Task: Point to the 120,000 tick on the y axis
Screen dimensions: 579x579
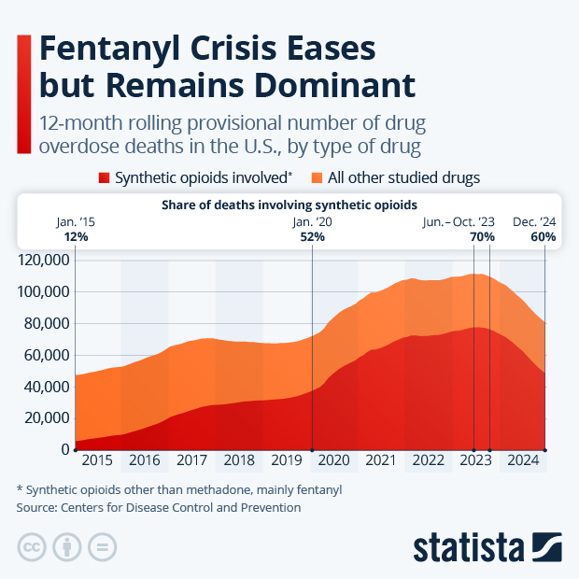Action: (44, 260)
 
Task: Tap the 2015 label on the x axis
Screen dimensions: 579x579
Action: (97, 460)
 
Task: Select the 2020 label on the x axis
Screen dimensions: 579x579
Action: (333, 460)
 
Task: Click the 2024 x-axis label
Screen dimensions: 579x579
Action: (522, 460)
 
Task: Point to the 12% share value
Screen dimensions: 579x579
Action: (76, 237)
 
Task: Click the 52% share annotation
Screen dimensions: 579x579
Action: (312, 237)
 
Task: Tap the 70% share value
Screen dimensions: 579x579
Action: (482, 237)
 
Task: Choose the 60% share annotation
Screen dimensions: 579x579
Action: (544, 237)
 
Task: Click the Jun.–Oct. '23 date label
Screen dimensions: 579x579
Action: (459, 222)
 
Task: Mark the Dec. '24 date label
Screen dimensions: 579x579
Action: (535, 222)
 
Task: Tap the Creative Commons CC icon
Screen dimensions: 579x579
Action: (32, 547)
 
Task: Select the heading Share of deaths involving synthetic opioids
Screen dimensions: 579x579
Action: (289, 204)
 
